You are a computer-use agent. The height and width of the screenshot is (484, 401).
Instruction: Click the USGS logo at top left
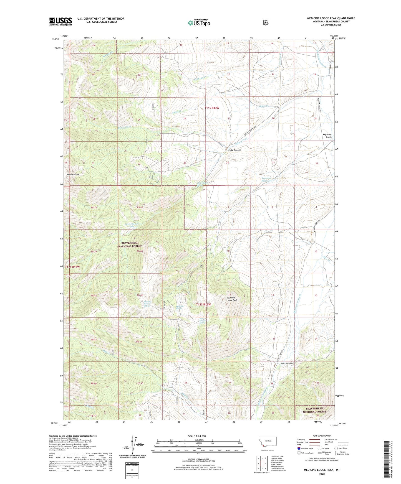[60, 21]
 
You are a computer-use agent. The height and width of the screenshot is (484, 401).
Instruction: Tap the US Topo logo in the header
[199, 23]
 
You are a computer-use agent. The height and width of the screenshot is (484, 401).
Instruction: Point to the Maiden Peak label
[73, 174]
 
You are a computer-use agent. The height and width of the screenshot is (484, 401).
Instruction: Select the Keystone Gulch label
[327, 136]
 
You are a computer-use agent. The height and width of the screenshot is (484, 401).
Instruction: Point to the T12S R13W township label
[72, 267]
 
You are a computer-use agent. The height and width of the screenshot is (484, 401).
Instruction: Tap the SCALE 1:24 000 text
[197, 436]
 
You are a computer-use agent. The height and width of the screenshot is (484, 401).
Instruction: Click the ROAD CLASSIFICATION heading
[322, 436]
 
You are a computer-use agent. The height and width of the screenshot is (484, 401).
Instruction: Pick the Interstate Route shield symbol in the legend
[299, 448]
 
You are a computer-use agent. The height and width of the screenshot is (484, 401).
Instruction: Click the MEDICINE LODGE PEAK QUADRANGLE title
[331, 18]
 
